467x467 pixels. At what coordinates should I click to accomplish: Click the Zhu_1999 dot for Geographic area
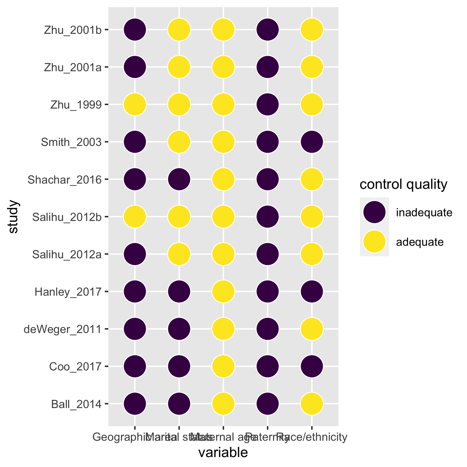pos(135,104)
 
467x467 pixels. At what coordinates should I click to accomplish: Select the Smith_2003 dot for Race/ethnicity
pos(312,142)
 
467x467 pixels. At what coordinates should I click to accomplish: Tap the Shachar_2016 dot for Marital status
pos(179,179)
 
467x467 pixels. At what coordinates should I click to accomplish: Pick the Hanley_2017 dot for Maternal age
pos(223,291)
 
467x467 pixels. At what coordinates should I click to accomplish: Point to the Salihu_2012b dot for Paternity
pos(268,217)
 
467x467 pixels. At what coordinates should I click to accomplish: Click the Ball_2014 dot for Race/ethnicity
pos(312,404)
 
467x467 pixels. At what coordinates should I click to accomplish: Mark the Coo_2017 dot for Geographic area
pos(135,366)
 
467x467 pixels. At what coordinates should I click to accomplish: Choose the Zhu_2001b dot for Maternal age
pos(223,29)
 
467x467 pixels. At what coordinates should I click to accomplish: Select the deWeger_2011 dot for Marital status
pos(179,329)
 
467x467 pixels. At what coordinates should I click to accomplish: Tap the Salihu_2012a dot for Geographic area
pos(135,254)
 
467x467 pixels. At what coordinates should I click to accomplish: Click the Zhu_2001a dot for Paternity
pos(268,67)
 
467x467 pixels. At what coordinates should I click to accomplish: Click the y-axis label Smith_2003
pos(71,142)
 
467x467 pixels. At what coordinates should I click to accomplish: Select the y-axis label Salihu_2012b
pos(67,217)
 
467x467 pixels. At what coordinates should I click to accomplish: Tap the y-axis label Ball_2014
pos(76,404)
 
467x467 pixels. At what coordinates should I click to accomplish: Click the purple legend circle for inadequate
pos(374,212)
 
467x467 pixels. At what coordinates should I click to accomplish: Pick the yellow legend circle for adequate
pos(374,241)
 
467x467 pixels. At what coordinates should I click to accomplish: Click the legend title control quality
pos(403,184)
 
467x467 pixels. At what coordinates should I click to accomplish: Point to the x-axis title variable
pos(223,453)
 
